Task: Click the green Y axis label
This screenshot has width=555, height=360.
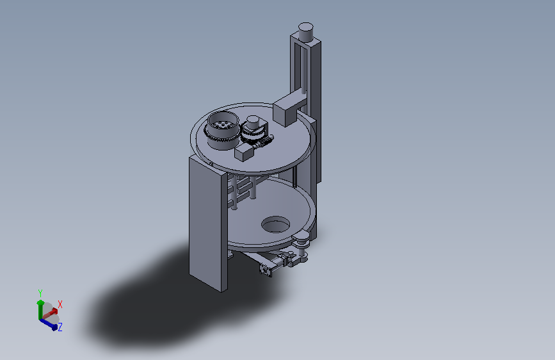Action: click(40, 293)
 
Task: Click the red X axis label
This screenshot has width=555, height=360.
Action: click(60, 304)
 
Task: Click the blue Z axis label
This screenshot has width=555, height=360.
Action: click(60, 327)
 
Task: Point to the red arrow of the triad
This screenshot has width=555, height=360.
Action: click(50, 313)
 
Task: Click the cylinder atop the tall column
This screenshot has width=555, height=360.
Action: click(306, 32)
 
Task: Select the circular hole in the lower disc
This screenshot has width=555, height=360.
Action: click(275, 224)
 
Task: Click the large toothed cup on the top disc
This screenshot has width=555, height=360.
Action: click(222, 130)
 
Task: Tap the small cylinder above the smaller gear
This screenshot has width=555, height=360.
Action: click(253, 122)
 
